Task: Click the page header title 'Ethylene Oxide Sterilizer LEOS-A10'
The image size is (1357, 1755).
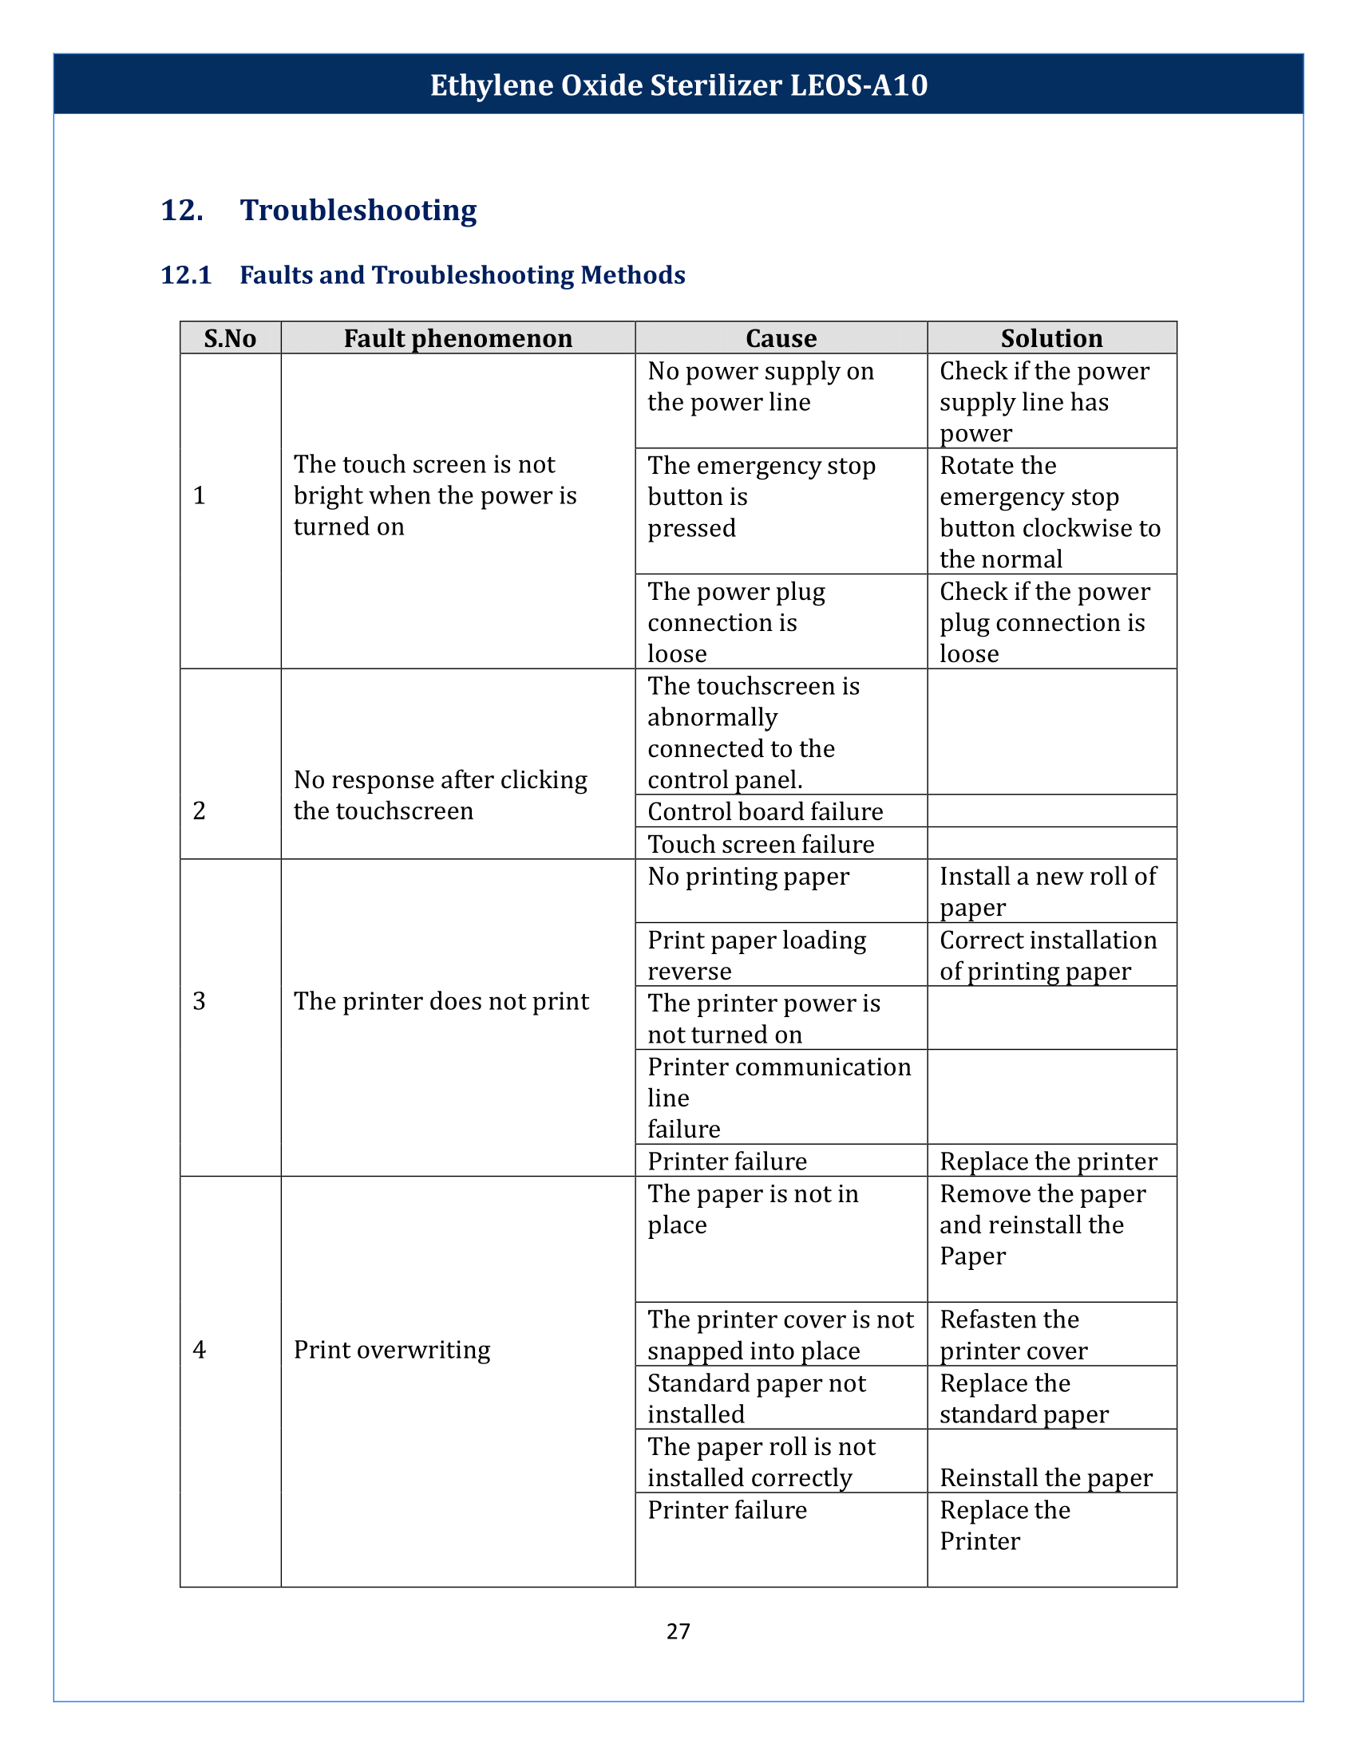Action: click(x=678, y=85)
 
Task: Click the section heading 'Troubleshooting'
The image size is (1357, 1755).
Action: click(x=358, y=211)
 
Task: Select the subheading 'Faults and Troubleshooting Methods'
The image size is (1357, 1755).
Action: click(x=462, y=276)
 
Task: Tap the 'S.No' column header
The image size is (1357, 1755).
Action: click(x=230, y=338)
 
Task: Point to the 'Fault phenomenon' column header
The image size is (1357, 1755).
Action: click(x=457, y=338)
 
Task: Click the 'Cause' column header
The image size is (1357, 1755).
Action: click(x=781, y=338)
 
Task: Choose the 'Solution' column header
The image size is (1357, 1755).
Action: click(x=1051, y=338)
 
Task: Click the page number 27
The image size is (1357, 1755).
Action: click(x=678, y=1631)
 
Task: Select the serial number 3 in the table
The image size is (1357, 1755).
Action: click(x=200, y=1001)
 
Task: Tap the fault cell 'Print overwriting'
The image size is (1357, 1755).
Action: click(x=391, y=1350)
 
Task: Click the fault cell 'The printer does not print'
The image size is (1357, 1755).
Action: click(x=441, y=1001)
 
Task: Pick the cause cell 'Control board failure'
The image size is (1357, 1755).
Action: click(x=765, y=811)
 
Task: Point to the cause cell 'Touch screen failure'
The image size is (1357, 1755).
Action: click(x=761, y=845)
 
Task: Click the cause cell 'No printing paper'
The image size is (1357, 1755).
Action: click(x=748, y=877)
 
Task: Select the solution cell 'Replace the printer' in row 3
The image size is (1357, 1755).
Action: click(x=1048, y=1162)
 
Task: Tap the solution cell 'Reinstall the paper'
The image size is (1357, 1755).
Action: click(x=1046, y=1477)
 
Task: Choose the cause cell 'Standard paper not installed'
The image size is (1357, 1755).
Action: click(x=756, y=1399)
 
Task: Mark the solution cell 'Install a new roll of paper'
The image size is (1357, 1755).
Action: click(x=1047, y=892)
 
